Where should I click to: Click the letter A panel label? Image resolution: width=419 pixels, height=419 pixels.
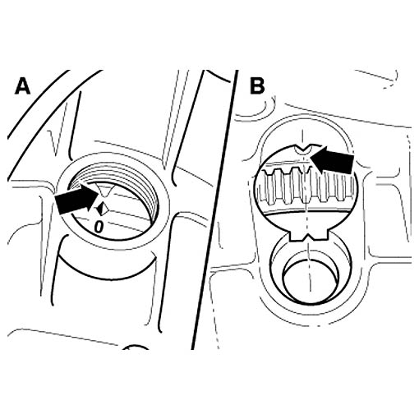22,86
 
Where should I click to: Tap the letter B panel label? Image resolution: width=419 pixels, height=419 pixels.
257,86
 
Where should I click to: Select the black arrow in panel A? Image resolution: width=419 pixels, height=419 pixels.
76,199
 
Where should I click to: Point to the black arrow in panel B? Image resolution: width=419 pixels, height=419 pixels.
332,159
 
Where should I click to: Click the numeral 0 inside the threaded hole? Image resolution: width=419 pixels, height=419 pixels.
99,227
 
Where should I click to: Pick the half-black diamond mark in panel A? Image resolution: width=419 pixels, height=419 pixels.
102,209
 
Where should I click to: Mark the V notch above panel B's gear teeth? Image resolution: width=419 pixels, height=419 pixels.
303,150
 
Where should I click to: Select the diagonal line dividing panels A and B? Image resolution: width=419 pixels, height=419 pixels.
214,209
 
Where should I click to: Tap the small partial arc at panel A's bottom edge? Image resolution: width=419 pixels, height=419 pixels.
136,347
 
